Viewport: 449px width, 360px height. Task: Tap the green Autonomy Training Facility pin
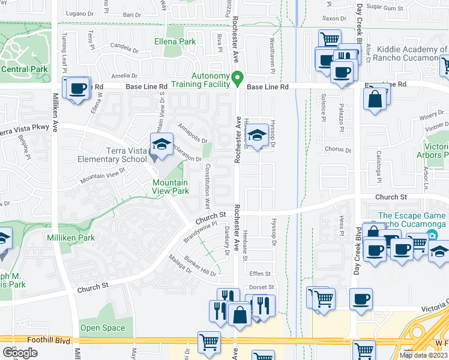(237, 79)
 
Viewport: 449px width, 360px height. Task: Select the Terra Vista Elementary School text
(112, 155)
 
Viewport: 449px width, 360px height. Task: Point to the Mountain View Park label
(170, 187)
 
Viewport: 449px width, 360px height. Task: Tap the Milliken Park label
(71, 238)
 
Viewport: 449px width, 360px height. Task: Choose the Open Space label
(103, 328)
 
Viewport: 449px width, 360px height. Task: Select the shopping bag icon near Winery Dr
(375, 100)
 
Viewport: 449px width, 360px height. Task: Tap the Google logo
(19, 353)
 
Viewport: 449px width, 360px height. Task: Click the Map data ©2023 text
(423, 355)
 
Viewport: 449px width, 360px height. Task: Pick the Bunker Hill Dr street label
(200, 265)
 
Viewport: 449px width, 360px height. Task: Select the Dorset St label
(262, 287)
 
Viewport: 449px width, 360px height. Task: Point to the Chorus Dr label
(334, 148)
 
